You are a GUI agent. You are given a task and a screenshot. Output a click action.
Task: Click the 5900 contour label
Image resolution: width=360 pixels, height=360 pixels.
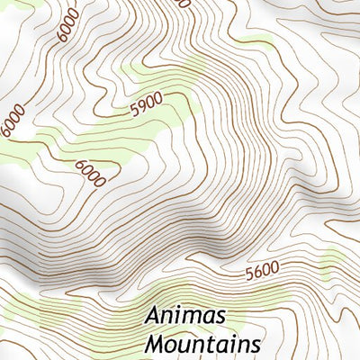click(146, 107)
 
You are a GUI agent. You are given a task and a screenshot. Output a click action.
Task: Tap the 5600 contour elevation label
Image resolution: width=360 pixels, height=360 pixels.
click(262, 268)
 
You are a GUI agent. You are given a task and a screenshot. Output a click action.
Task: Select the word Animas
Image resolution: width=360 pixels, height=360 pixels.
click(186, 318)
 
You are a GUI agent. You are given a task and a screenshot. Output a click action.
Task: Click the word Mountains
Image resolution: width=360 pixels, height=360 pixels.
click(202, 344)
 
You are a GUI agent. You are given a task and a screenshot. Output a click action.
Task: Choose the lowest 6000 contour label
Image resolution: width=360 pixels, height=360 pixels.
click(91, 171)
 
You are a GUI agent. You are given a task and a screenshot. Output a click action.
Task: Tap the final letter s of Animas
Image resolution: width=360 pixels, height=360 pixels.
click(220, 319)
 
